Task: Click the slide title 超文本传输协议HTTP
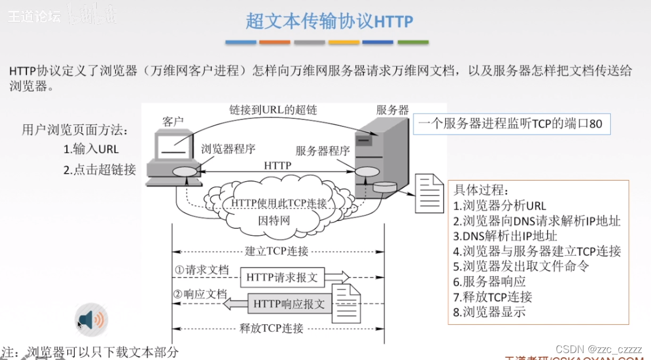[329, 21]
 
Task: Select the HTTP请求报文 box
[282, 277]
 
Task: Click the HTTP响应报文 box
[289, 303]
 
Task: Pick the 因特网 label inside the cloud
[274, 220]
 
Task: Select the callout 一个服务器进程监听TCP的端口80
[511, 124]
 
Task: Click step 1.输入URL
[91, 149]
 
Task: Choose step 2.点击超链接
[99, 170]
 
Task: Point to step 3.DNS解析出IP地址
[505, 236]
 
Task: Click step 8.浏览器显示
[489, 312]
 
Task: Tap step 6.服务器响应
[489, 282]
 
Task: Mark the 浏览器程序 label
[228, 149]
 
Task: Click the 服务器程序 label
[323, 151]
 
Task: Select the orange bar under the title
[275, 42]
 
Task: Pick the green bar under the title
[413, 42]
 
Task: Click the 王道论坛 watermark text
[34, 17]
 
